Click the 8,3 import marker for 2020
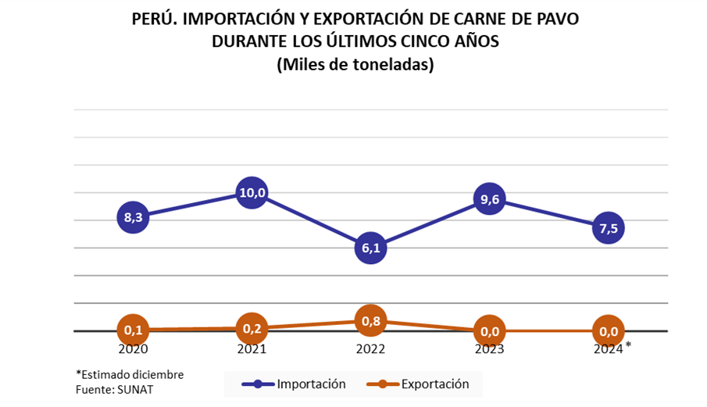pos(134,216)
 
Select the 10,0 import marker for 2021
pos(252,192)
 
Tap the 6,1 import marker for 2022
pos(370,248)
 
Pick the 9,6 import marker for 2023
pos(489,200)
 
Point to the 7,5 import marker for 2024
pos(608,228)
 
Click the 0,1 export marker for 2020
pos(134,330)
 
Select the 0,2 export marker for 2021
pos(252,328)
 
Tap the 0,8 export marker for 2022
pos(370,320)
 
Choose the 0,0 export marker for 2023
pos(489,331)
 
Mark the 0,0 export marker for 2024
pos(608,331)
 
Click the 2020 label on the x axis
pos(134,349)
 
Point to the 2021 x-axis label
pos(252,349)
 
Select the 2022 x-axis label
pos(370,349)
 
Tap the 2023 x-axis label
pos(489,349)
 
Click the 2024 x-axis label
pos(608,349)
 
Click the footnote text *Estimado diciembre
pos(130,374)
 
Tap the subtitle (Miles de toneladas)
pos(355,66)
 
